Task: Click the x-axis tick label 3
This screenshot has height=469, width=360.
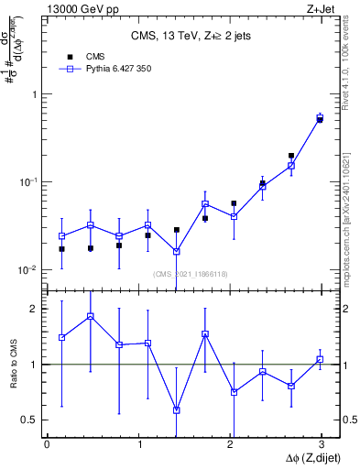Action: click(321, 444)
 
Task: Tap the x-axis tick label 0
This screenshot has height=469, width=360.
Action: click(48, 444)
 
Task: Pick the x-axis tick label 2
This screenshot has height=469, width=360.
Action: click(230, 444)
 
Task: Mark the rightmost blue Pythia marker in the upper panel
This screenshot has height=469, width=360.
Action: click(320, 117)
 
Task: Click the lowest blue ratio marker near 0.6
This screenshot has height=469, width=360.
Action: click(177, 409)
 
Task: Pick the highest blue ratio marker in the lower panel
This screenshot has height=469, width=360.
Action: click(91, 316)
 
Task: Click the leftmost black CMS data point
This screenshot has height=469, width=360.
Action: click(61, 248)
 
